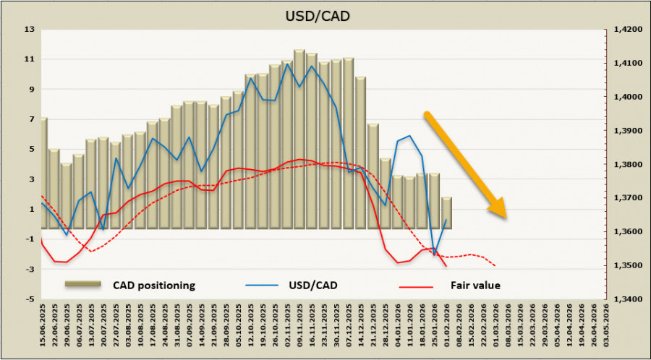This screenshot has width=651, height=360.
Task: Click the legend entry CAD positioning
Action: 153,285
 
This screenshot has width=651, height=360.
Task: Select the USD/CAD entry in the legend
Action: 312,285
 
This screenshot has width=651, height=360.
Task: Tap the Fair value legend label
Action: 475,285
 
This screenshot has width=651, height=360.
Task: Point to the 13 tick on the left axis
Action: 30,30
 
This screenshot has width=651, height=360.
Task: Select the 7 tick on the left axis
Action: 32,119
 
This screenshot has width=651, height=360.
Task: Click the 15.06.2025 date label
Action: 44,326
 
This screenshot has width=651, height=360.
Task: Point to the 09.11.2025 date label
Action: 299,326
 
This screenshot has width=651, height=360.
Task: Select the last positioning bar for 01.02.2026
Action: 447,213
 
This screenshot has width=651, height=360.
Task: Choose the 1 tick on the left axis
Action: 32,210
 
